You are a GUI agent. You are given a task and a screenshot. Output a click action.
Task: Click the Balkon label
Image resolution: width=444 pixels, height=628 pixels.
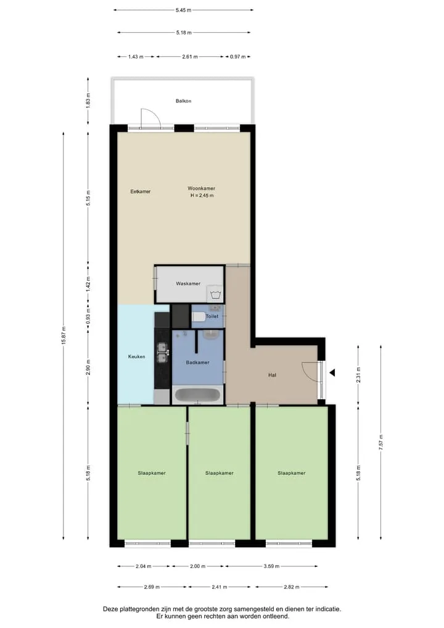(x=184, y=101)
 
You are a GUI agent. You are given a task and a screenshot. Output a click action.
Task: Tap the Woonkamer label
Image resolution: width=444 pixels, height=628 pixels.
(x=202, y=188)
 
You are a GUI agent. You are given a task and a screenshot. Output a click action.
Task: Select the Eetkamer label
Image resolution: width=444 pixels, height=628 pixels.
(x=141, y=191)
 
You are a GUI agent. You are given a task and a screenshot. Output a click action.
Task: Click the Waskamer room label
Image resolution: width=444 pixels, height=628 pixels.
(x=188, y=283)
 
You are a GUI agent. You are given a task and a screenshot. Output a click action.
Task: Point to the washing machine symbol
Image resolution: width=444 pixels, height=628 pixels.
(x=216, y=295)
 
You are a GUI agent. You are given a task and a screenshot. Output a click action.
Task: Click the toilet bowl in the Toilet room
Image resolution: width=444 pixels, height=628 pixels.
(x=198, y=317)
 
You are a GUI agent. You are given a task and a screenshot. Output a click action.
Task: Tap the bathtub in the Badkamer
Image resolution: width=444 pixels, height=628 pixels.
(x=197, y=395)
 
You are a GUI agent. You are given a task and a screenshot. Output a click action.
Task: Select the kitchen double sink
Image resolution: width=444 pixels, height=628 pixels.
(x=162, y=353)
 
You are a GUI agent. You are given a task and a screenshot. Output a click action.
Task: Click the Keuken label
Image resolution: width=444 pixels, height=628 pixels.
(x=137, y=356)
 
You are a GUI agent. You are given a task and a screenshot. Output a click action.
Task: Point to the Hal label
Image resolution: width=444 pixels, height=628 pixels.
(x=272, y=375)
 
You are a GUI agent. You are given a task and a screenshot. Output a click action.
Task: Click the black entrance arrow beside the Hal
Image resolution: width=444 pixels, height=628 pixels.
(x=332, y=373)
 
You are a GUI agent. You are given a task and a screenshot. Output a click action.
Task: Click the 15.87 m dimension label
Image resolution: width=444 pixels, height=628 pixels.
(x=63, y=336)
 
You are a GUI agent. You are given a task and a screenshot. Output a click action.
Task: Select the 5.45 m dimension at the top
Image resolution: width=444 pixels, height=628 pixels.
(x=183, y=10)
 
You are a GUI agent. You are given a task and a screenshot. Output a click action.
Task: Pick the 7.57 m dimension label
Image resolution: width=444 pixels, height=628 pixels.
(x=381, y=443)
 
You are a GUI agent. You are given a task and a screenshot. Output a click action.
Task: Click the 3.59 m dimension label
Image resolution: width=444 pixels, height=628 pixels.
(x=271, y=566)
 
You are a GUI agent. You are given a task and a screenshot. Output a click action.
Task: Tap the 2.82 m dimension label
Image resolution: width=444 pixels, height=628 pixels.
(x=292, y=587)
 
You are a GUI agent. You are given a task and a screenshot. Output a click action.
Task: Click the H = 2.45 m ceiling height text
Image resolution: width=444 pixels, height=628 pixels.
(x=202, y=196)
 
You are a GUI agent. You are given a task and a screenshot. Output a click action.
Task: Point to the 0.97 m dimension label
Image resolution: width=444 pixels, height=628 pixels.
(x=237, y=57)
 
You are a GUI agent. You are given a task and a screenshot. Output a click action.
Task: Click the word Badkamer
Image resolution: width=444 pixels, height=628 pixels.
(x=197, y=362)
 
